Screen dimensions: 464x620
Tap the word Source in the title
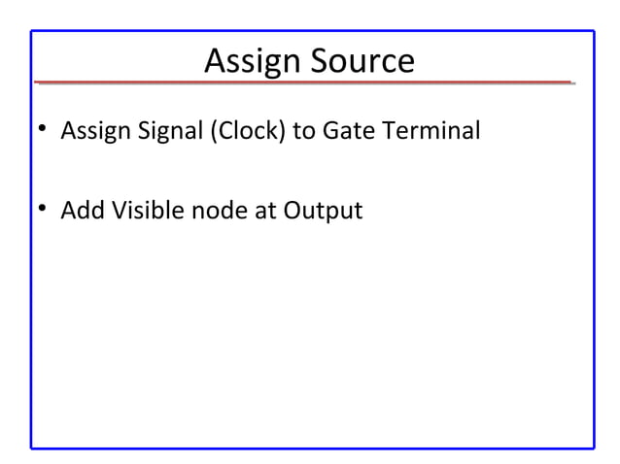pos(362,61)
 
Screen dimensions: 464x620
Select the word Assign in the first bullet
pos(94,131)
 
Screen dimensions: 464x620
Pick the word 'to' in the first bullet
pos(304,131)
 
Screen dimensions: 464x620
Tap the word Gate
pos(347,131)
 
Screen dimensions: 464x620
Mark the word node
pos(218,210)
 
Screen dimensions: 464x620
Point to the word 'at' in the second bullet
pos(265,210)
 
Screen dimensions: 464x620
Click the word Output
pos(323,210)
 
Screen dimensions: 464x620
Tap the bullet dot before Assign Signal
pos(43,131)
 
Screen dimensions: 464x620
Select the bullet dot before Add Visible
pos(43,210)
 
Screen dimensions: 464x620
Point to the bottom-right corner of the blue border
pos(593,447)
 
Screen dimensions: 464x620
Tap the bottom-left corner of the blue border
pos(31,447)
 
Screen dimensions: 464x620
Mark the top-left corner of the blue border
pos(31,31)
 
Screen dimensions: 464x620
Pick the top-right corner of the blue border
pos(593,31)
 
